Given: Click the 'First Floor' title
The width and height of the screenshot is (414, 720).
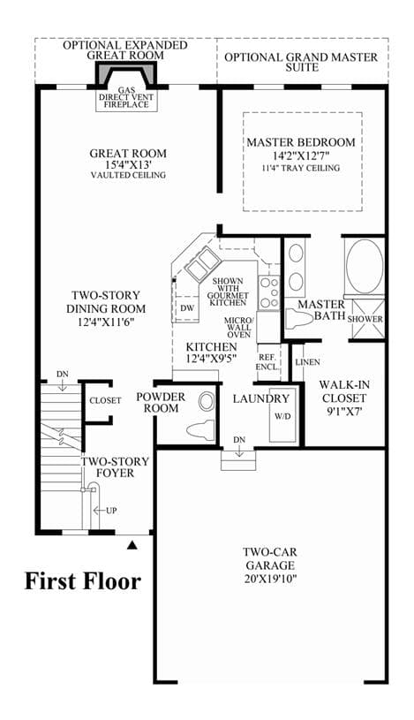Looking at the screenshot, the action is point(83,581).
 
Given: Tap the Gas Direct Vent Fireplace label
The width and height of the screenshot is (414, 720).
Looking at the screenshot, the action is point(126,97).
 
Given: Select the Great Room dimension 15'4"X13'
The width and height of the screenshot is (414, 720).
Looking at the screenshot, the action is point(128,164).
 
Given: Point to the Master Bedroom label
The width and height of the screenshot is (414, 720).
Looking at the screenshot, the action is point(301,142).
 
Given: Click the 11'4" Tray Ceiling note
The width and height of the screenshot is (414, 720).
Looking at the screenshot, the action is point(301,168).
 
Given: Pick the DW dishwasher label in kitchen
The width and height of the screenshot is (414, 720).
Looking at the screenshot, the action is point(187,308).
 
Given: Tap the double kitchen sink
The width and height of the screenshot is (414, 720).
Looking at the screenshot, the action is point(202,264).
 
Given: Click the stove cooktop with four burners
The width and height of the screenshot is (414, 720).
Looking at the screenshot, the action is point(269,292).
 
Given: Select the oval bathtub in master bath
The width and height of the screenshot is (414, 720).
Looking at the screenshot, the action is point(365,268).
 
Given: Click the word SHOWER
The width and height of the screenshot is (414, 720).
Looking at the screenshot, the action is point(365,319).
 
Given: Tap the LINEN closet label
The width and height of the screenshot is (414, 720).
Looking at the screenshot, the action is point(307,362).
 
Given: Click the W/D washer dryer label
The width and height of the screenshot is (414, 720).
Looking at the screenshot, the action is point(282,416).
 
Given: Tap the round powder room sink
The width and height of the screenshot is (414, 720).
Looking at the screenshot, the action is point(207,402).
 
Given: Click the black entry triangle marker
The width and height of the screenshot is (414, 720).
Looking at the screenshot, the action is point(132,545).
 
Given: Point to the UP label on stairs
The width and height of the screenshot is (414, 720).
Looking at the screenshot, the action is point(111,510).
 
